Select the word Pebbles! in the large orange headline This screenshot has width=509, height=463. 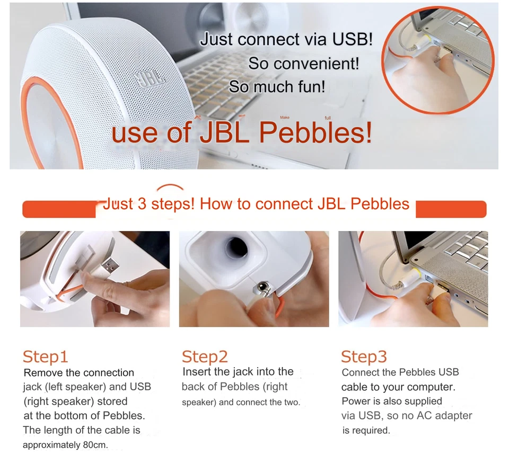(x=315, y=132)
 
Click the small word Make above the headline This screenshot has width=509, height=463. (x=285, y=117)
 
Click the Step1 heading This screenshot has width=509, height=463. (x=46, y=357)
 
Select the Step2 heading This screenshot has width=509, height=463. (x=205, y=357)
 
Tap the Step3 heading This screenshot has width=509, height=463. (x=364, y=357)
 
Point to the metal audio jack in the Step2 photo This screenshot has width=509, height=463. (x=261, y=288)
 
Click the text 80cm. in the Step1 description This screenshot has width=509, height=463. (x=95, y=445)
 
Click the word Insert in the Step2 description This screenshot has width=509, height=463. (x=197, y=372)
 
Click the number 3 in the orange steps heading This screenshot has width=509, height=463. (x=142, y=204)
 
